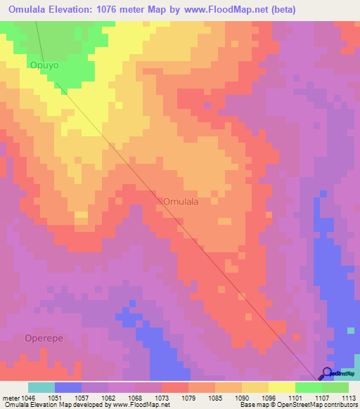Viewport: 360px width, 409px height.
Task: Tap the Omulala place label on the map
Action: click(181, 201)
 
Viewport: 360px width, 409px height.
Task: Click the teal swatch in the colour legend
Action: click(41, 387)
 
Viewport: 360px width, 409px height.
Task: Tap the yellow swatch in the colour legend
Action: click(282, 387)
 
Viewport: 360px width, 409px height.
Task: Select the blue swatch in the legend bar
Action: click(68, 387)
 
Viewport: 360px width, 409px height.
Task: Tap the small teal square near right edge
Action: click(351, 330)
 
